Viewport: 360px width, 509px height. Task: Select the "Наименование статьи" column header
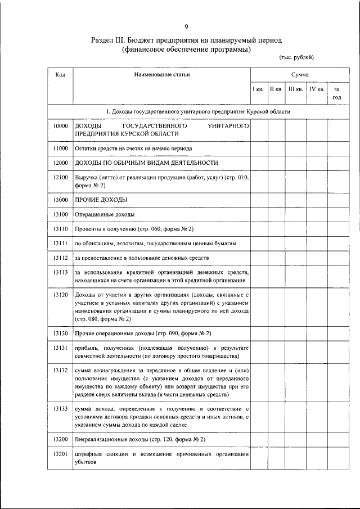[162, 74]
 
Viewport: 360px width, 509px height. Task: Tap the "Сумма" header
[299, 74]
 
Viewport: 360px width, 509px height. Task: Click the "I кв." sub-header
[258, 89]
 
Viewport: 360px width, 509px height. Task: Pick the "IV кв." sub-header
[316, 89]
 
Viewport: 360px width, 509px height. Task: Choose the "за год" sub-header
[336, 93]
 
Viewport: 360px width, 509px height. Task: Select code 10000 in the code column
[60, 126]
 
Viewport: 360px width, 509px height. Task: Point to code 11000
[60, 148]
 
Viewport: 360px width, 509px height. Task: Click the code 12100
[60, 177]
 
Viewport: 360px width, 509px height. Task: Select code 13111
[60, 243]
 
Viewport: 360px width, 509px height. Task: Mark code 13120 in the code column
[60, 295]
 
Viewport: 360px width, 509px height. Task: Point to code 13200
[60, 439]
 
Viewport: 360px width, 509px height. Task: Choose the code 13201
[60, 453]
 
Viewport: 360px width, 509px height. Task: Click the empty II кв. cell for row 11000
[276, 148]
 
